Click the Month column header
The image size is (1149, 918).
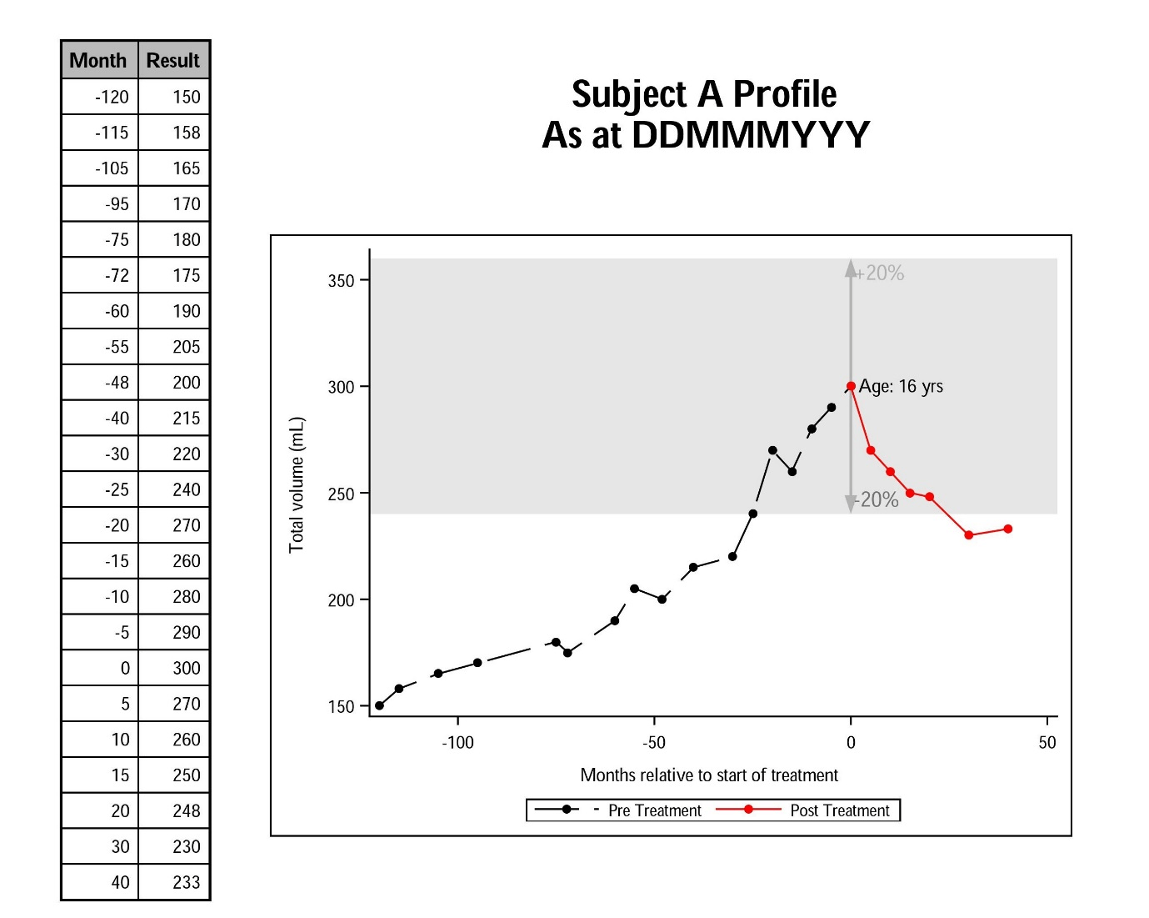click(x=98, y=60)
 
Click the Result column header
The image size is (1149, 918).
click(x=173, y=60)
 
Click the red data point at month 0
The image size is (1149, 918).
click(x=851, y=386)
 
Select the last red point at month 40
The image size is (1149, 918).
click(x=1007, y=529)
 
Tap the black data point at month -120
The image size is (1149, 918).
click(x=379, y=705)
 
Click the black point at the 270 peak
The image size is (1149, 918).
click(x=772, y=450)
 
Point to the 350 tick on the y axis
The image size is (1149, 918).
click(x=341, y=280)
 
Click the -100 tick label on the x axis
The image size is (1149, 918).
click(x=457, y=742)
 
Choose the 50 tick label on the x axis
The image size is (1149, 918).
click(x=1047, y=742)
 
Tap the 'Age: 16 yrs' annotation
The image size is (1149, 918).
click(x=901, y=386)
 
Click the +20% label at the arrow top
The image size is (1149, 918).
click(x=882, y=273)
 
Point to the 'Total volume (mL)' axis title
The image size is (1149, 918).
click(x=297, y=484)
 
